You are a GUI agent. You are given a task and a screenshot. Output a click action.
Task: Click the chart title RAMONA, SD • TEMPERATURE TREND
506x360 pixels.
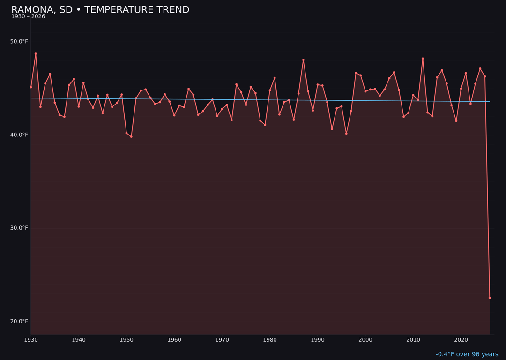point(100,10)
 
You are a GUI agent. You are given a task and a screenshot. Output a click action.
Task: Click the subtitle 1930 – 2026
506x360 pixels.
point(28,17)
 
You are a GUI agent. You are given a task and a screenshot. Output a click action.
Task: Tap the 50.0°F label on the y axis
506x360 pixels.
point(19,42)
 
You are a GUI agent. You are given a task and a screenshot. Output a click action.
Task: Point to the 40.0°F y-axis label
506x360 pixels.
point(19,135)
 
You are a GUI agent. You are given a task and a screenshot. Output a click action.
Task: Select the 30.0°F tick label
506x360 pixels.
point(19,228)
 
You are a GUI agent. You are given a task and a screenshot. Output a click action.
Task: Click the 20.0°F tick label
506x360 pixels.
point(19,321)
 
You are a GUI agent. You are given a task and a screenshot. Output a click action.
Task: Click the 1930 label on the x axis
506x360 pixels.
point(31,340)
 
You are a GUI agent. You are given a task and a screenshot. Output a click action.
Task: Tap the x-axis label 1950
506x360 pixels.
point(126,340)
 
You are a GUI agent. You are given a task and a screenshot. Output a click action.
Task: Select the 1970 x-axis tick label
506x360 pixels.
point(222,340)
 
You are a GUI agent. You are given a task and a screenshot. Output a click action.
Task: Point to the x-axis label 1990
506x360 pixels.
point(318,340)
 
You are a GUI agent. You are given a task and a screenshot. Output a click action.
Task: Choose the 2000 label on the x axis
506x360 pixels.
point(365,340)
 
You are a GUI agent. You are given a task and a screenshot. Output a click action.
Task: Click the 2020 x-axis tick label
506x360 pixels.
point(461,340)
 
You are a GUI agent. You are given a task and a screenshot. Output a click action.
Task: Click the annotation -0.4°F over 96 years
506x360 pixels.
point(467,354)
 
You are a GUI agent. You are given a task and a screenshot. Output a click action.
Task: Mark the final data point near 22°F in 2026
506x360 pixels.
point(490,298)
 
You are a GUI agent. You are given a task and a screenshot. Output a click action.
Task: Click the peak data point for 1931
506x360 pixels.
point(36,54)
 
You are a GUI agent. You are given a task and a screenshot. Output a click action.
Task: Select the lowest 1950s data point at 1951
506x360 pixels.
point(131,136)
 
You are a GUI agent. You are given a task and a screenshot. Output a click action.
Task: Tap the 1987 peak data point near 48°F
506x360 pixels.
point(303,60)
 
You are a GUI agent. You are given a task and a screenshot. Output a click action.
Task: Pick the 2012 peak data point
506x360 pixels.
point(423,59)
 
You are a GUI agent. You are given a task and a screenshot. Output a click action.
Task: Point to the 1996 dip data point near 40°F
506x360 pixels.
point(346,134)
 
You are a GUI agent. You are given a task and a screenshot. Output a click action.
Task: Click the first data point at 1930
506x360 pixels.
point(31,87)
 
